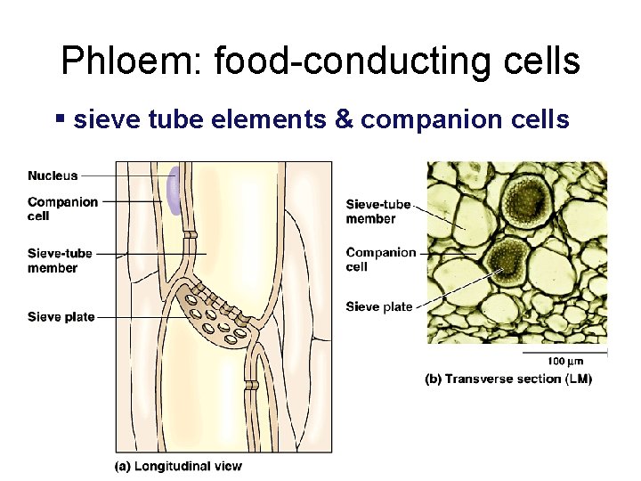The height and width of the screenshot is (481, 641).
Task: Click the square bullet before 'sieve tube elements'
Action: click(60, 118)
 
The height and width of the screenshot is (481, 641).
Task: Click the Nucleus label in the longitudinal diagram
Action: click(53, 176)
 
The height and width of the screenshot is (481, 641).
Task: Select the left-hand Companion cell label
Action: click(62, 208)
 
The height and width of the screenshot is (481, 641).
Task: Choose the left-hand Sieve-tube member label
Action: click(60, 261)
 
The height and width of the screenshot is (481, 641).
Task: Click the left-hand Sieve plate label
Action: click(61, 316)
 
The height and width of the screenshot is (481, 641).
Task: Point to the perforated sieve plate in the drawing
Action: click(217, 317)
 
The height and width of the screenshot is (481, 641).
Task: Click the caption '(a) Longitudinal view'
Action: click(178, 464)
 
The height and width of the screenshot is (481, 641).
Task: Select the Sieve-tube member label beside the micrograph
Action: click(378, 211)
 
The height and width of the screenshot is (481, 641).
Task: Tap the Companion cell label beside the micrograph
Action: click(381, 259)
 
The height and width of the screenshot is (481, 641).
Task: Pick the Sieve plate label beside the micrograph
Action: click(379, 306)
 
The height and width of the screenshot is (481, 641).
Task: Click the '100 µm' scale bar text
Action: click(565, 362)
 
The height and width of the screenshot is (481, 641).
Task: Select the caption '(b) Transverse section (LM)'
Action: click(508, 379)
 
